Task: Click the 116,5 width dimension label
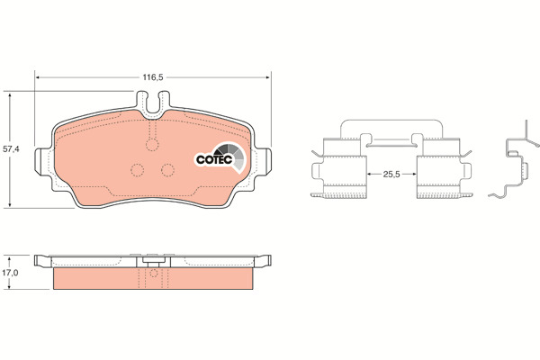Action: [153, 77]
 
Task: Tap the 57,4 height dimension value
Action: [11, 149]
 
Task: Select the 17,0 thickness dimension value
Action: [10, 273]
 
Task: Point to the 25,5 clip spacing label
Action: [391, 175]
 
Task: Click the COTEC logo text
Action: [214, 160]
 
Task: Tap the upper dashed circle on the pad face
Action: [152, 144]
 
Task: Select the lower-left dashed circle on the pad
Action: [137, 170]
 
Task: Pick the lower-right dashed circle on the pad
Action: [167, 170]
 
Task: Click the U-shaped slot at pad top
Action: [153, 103]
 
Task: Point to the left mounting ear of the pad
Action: [43, 161]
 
